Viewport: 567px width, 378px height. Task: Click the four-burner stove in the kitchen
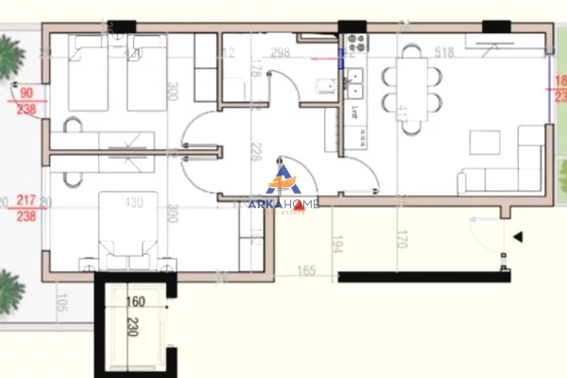[x=356, y=43]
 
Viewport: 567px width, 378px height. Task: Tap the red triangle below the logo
[x=299, y=221]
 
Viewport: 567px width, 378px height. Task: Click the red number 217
[x=26, y=201]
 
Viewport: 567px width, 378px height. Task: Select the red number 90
[x=26, y=93]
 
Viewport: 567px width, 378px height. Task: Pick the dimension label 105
[x=62, y=302]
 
